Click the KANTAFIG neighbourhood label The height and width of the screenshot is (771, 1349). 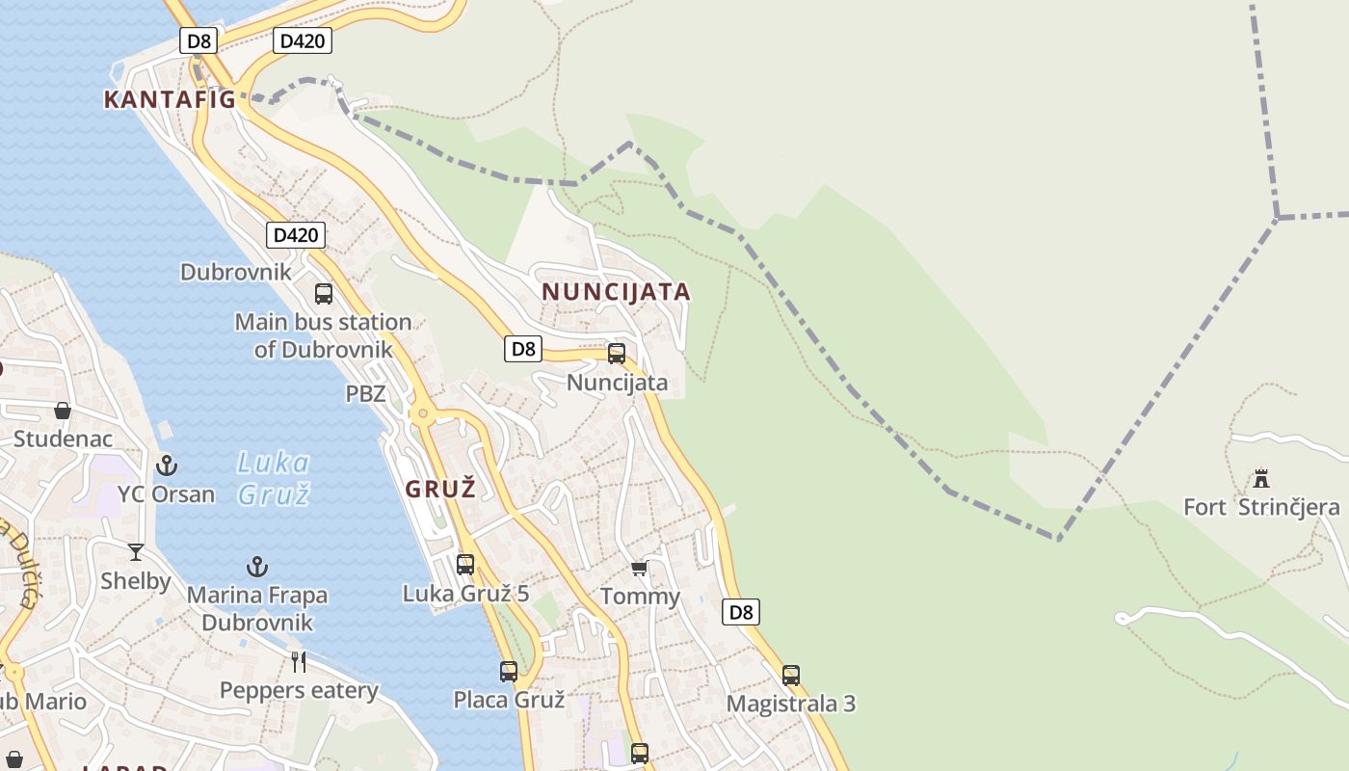coord(170,98)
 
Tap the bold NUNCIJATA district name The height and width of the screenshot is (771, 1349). coord(616,291)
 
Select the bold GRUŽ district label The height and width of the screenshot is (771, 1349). coord(440,489)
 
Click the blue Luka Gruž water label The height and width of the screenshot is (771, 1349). coord(273,478)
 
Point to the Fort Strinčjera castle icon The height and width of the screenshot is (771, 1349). coord(1260,478)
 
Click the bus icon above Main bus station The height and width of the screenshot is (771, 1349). coord(324,293)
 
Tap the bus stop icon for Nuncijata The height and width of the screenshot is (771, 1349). coord(617,353)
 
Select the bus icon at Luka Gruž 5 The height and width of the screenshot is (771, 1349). coord(465,564)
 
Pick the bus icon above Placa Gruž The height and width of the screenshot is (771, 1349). coord(509,671)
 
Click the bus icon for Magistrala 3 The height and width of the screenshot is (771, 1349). coord(791,675)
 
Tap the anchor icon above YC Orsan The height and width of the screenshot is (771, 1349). coord(168,465)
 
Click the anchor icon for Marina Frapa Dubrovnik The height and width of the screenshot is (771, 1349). coord(257,567)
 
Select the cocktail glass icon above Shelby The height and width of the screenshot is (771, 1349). coord(136,552)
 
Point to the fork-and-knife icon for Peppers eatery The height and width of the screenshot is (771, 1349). coord(299,661)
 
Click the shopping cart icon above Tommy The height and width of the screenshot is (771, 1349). coord(640,569)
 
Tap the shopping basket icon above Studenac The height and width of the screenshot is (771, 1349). coord(63,412)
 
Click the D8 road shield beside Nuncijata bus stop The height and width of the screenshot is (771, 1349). coord(523,348)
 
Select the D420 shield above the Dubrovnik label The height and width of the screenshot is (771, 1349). coord(295,234)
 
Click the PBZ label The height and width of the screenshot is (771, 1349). coord(365,393)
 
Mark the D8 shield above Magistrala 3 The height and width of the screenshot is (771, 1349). coord(740,611)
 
